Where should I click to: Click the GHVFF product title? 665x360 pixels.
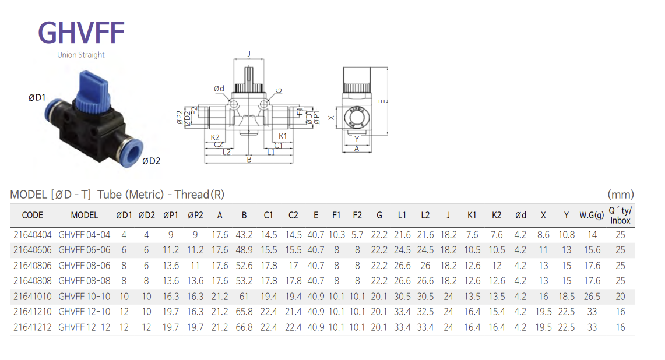(82, 33)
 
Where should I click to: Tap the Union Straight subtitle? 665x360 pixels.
(81, 55)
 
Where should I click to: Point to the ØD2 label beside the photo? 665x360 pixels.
(152, 161)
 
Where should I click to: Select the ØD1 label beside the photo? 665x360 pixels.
(37, 97)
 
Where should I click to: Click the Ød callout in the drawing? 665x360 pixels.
(219, 89)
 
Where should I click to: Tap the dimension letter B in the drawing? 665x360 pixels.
(249, 160)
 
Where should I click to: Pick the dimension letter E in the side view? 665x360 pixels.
(382, 101)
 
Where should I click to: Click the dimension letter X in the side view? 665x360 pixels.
(331, 118)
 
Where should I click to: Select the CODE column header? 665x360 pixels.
(32, 216)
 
